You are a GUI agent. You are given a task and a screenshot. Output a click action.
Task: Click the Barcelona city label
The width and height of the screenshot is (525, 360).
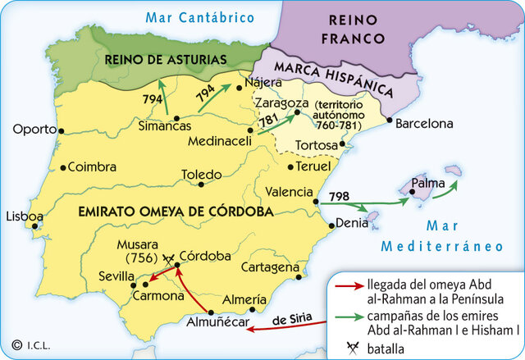[x=424, y=125]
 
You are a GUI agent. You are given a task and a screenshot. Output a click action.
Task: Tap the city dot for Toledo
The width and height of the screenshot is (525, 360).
[x=201, y=185]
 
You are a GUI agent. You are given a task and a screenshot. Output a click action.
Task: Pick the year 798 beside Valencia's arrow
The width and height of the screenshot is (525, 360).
[x=338, y=198]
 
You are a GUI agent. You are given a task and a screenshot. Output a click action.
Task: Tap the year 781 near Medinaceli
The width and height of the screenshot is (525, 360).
[x=269, y=121]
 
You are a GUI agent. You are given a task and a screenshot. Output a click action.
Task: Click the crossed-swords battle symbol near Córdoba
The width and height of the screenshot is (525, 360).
[x=169, y=258]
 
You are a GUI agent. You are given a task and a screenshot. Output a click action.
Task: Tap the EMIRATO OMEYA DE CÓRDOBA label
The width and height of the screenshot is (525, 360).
[x=175, y=212]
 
